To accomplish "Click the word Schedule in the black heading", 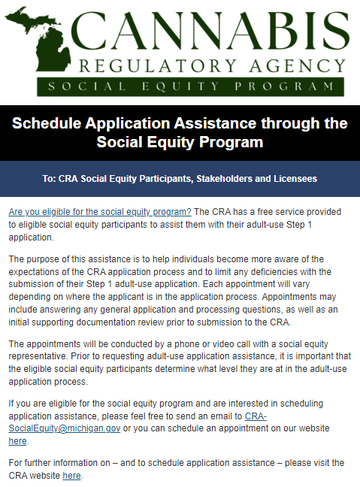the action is [x=50, y=123].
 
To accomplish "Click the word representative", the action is [x=38, y=355].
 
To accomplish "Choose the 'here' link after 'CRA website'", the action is [x=71, y=475].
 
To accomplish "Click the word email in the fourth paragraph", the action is [x=218, y=415].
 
